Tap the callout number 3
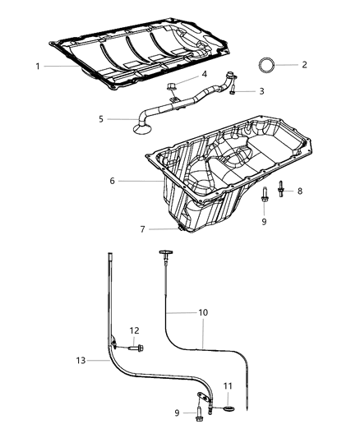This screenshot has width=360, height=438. pyautogui.click(x=261, y=91)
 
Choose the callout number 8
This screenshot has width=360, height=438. pyautogui.click(x=299, y=191)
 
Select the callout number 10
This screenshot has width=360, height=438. pyautogui.click(x=203, y=313)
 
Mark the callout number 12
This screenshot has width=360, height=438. pyautogui.click(x=133, y=331)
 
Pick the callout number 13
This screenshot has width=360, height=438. pyautogui.click(x=80, y=359)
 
